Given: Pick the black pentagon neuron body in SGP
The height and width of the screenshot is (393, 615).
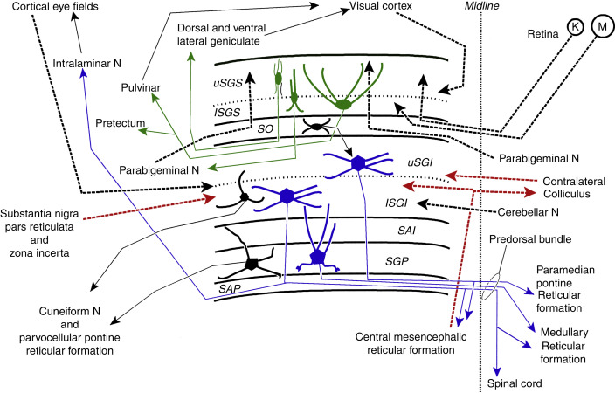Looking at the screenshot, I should point(254,263).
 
